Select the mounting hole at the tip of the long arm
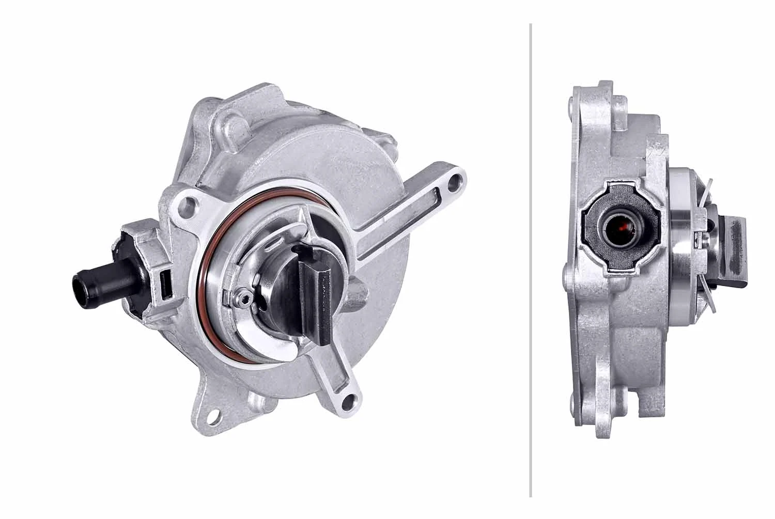454,182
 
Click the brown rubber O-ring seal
209,289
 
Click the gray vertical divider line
530,258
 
